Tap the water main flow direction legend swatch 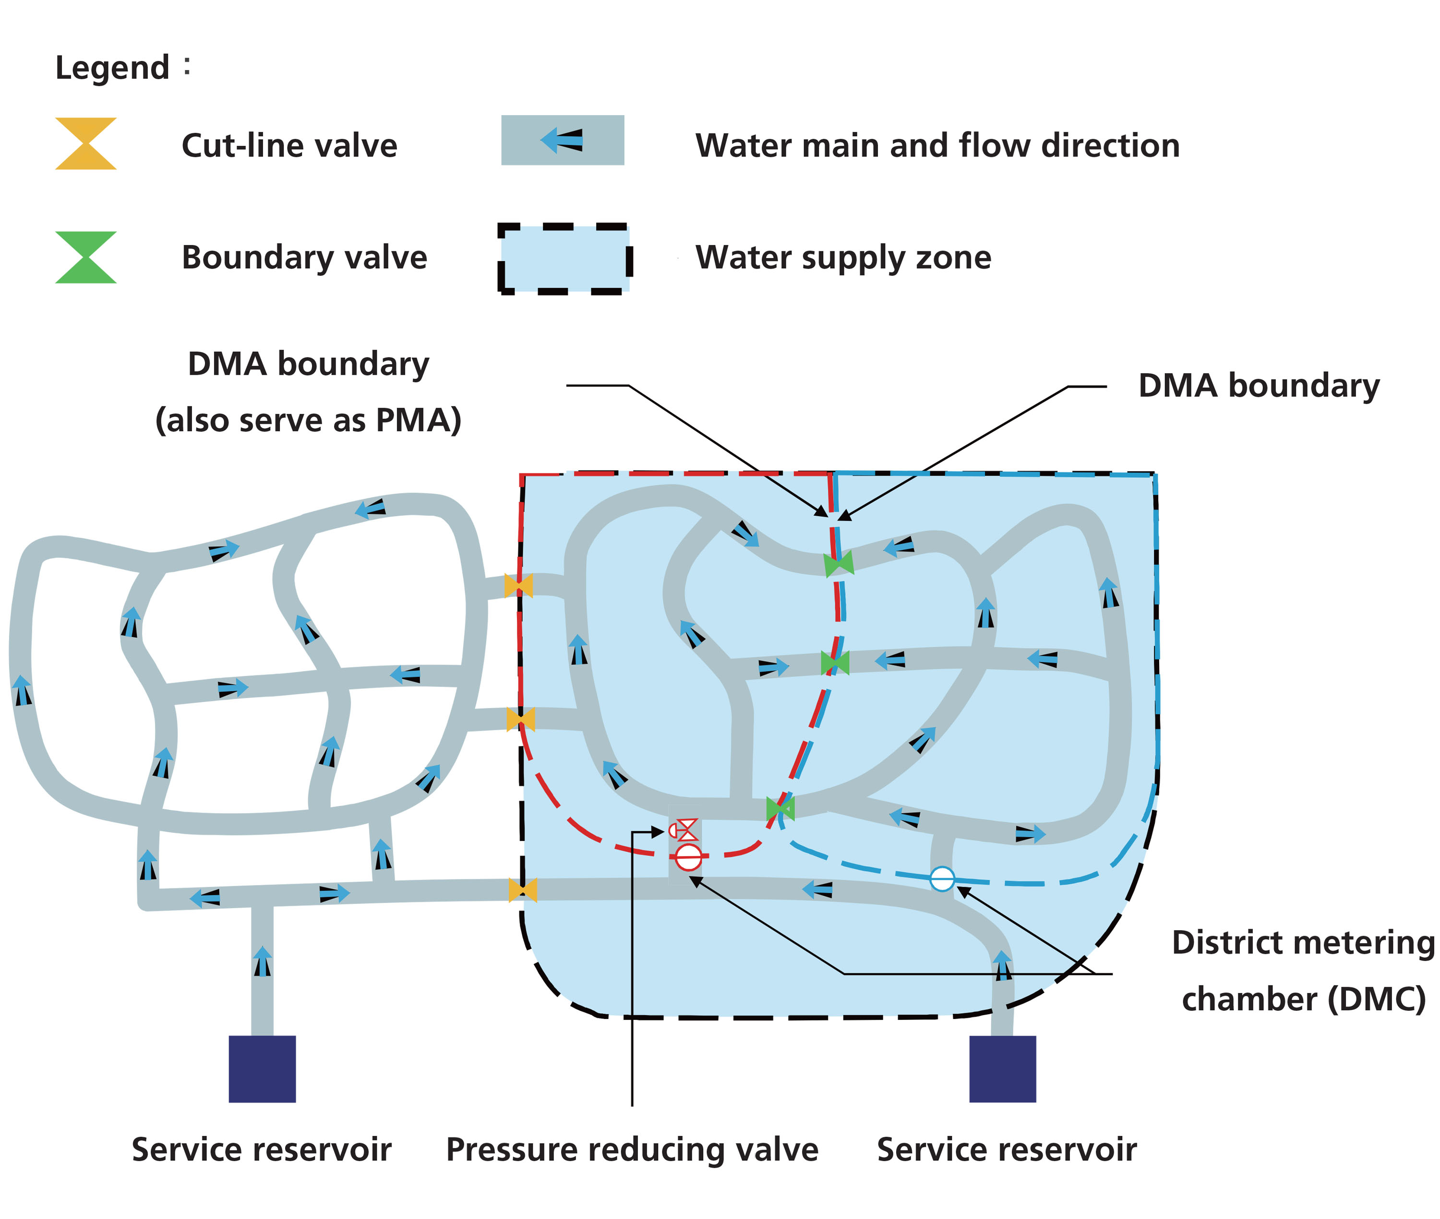[x=562, y=140]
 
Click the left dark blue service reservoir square [x=262, y=1068]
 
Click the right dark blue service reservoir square [x=1002, y=1068]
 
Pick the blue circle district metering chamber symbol [x=942, y=878]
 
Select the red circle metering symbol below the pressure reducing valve [x=688, y=857]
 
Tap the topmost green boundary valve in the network [x=839, y=563]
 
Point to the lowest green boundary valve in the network [x=780, y=808]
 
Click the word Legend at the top [x=112, y=68]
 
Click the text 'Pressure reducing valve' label [x=631, y=1149]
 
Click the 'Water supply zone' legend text [x=843, y=257]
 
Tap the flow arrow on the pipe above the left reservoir [x=262, y=960]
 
